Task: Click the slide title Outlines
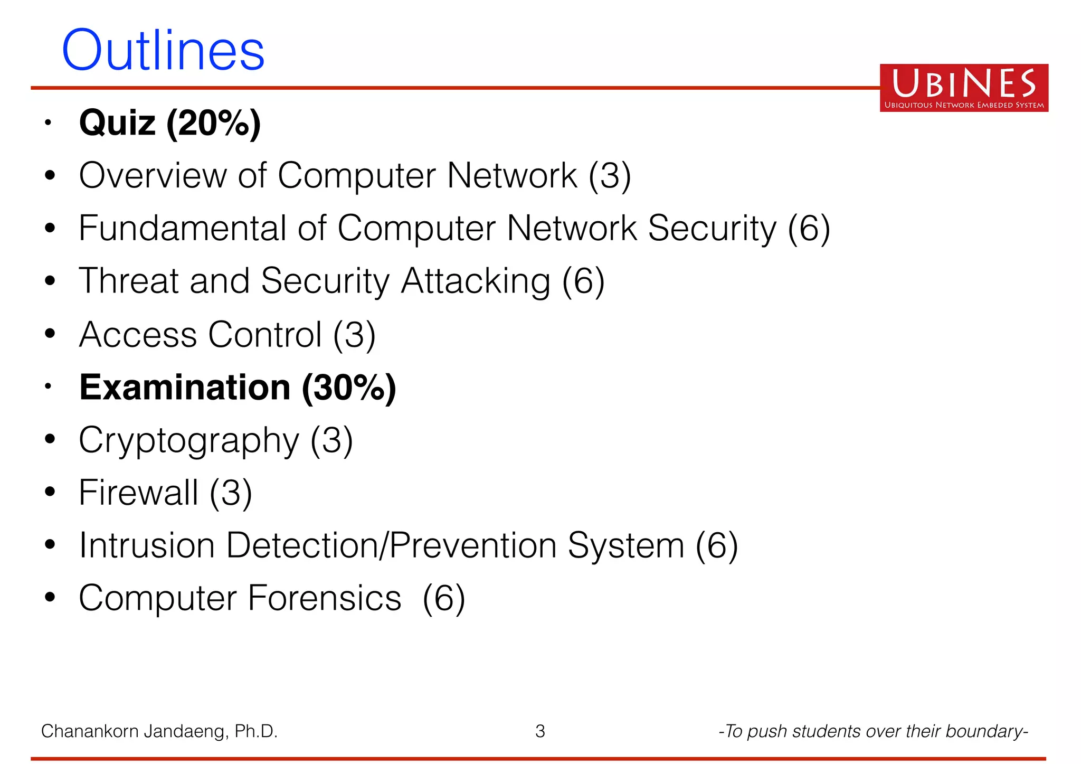(163, 51)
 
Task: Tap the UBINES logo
(963, 88)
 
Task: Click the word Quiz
(117, 123)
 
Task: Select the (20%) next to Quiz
(213, 123)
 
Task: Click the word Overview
(153, 176)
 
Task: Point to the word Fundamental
(182, 229)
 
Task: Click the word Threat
(128, 281)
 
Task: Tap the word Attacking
(475, 282)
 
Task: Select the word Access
(138, 335)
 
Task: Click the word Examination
(185, 388)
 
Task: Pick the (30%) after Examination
(349, 388)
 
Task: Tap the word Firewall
(138, 493)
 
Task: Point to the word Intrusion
(147, 545)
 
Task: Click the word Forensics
(324, 598)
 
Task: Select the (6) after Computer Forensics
(444, 598)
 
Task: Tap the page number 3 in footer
(540, 731)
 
